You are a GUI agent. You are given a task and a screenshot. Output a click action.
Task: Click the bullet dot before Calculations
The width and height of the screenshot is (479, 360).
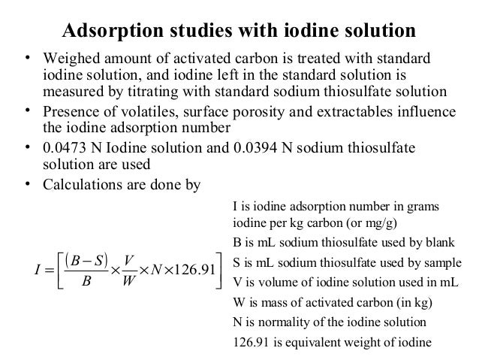tap(28, 180)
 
